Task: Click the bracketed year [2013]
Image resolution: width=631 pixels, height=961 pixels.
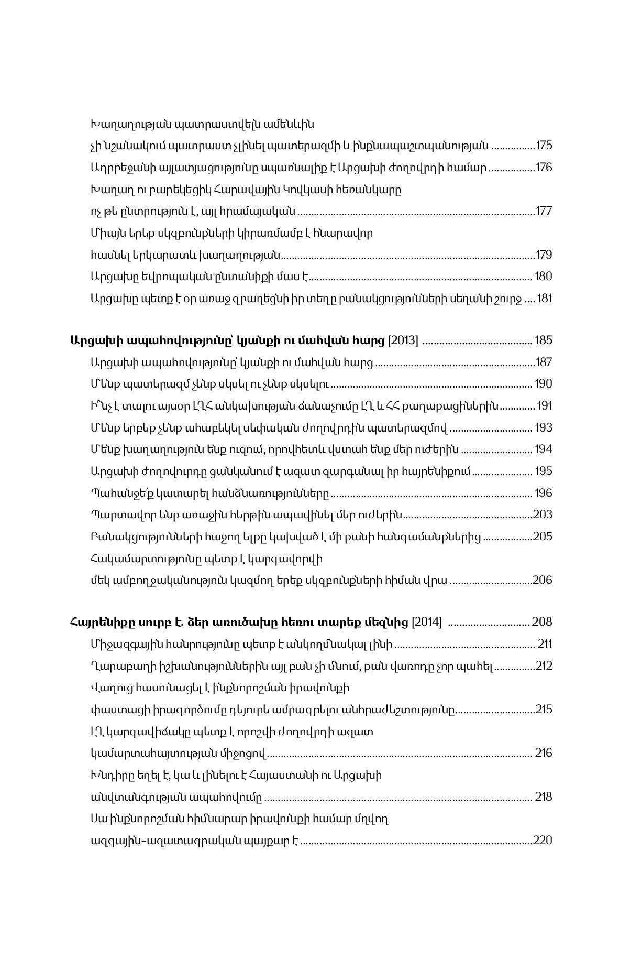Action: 403,340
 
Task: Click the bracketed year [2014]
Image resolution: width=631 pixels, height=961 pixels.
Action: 427,622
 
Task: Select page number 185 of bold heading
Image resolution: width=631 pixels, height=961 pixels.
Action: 543,340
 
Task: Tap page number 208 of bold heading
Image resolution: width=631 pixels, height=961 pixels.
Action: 542,622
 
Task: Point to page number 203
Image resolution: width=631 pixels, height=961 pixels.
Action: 543,514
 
